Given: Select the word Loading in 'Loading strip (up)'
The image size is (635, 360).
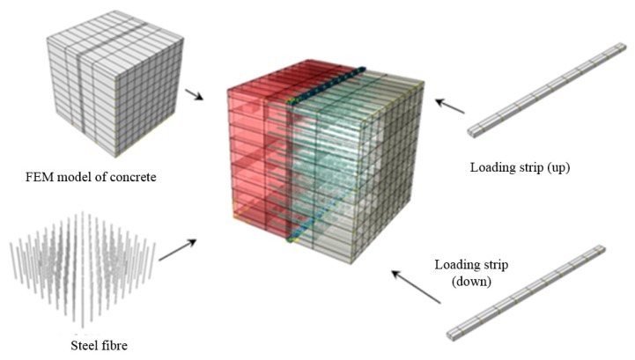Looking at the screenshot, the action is [x=492, y=167].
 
